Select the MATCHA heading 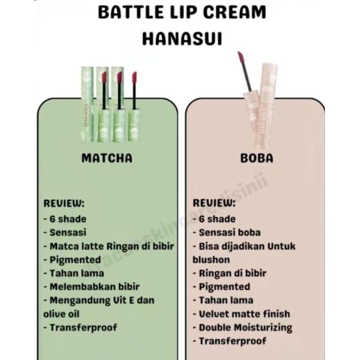click(x=107, y=158)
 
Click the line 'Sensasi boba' click(x=229, y=233)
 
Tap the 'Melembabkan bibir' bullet click(x=94, y=287)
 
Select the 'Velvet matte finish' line click(x=244, y=314)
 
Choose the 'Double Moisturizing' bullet click(x=245, y=327)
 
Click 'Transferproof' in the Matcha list click(x=83, y=327)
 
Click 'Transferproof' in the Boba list click(x=232, y=341)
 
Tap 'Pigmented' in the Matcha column click(x=75, y=260)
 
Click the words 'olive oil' click(x=62, y=314)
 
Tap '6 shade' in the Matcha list click(x=68, y=219)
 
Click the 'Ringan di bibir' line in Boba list click(x=232, y=273)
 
